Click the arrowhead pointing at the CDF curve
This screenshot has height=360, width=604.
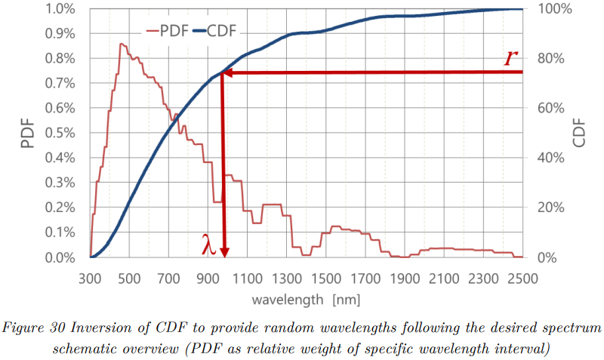[226, 73]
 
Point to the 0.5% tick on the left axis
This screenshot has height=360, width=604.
[61, 133]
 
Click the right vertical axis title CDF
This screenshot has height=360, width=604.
[579, 133]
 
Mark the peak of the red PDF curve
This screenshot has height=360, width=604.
[121, 44]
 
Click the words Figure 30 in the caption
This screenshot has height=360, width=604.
[35, 329]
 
